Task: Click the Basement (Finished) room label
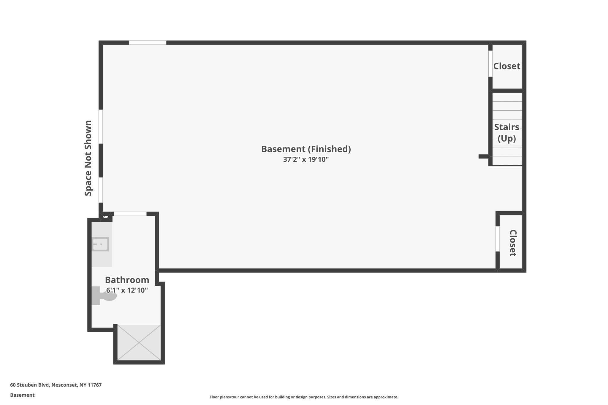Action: [306, 149]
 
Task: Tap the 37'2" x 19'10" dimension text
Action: [306, 160]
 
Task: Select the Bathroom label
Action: [127, 280]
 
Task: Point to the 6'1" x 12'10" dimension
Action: [127, 290]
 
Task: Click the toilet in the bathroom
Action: [104, 296]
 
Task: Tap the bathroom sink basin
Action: [100, 244]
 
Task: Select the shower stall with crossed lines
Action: [139, 343]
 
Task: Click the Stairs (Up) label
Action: [506, 133]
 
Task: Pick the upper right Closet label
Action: [506, 66]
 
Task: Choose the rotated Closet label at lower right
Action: [513, 243]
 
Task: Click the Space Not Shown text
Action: [88, 158]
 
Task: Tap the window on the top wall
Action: [148, 43]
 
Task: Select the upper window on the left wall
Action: [101, 127]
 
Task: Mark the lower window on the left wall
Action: [101, 190]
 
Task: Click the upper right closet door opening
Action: [490, 64]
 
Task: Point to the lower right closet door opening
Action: [498, 239]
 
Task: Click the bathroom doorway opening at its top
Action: [130, 214]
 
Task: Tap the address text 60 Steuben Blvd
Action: [56, 385]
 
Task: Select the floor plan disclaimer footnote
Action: [304, 397]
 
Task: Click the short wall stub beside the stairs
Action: [484, 156]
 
